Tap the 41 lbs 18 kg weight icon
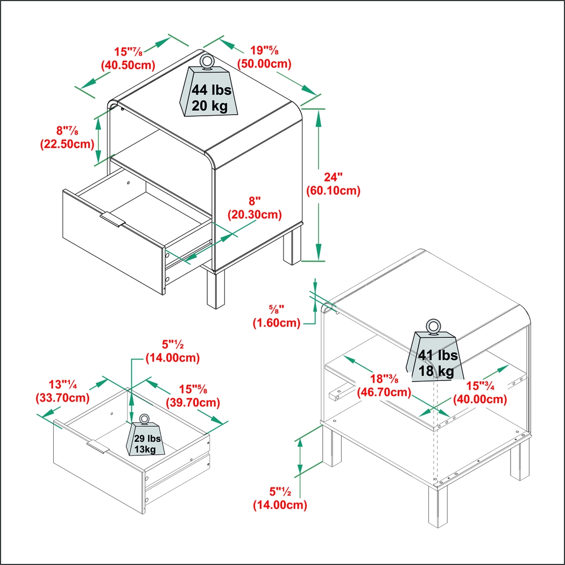[435, 356]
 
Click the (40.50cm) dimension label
[128, 66]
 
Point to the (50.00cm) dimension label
[265, 64]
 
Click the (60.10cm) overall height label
[333, 190]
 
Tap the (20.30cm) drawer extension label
[254, 215]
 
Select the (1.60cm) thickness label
[277, 323]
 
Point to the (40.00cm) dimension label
[480, 399]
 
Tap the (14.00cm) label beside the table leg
[280, 505]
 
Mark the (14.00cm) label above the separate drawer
[173, 358]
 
